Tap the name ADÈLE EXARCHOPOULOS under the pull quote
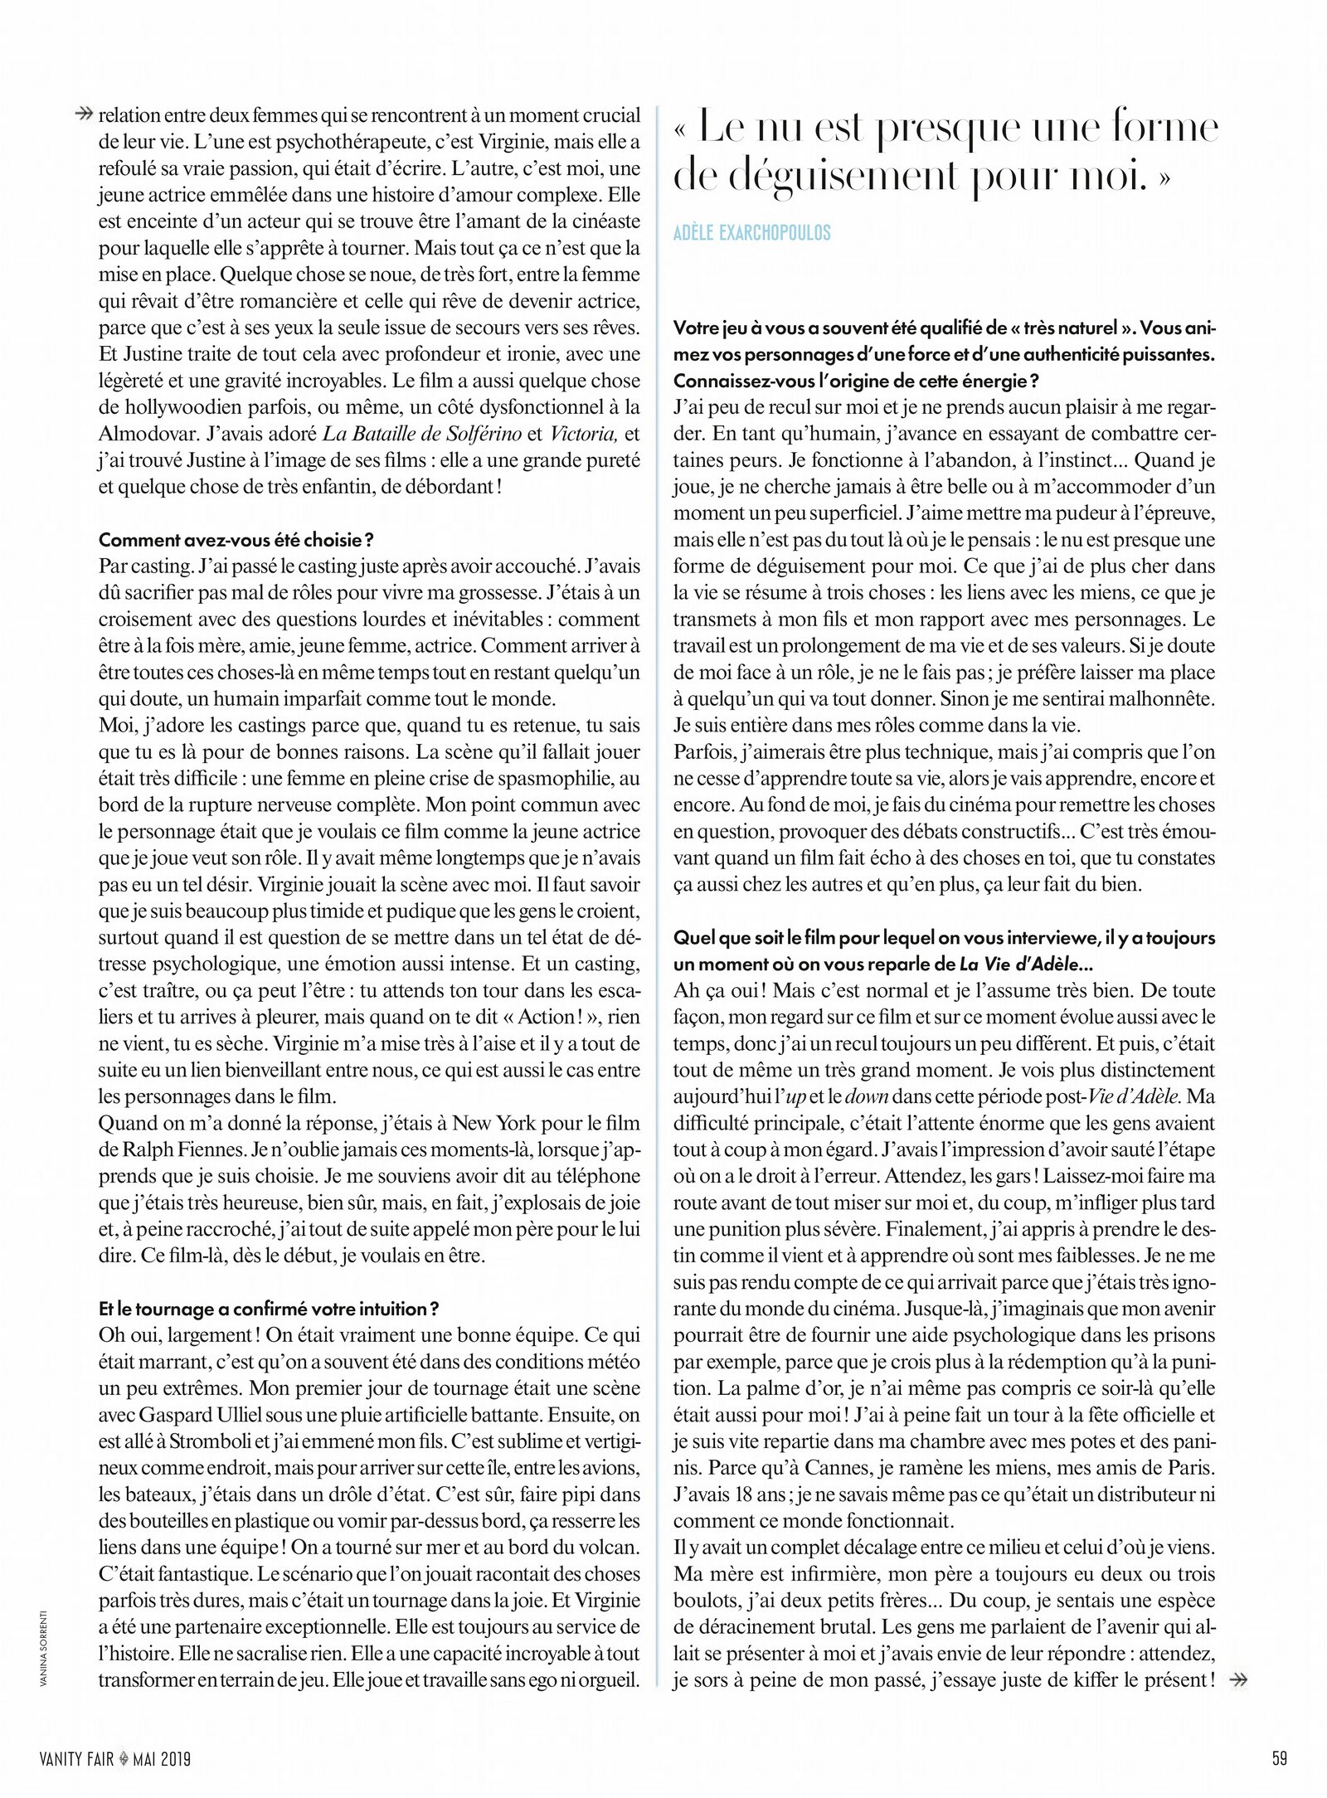752,233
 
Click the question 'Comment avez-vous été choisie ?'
236,541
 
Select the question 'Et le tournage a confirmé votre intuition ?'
268,1309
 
